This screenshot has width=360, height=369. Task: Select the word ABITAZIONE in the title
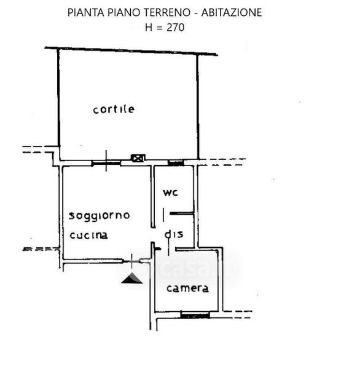232,12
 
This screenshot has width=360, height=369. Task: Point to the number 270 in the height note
176,28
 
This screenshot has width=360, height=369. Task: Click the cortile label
114,109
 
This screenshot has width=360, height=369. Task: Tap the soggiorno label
99,216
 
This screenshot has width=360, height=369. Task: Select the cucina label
89,236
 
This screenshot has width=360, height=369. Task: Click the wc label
170,192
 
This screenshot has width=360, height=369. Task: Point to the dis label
174,234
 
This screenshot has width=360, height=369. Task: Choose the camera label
187,288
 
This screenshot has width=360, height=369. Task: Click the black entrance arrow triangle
131,278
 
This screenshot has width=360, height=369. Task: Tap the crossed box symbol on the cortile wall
138,158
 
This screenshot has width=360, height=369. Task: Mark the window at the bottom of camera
195,315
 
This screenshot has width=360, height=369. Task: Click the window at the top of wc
176,163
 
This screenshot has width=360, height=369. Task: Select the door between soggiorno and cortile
106,162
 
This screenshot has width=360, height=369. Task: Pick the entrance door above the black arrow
131,261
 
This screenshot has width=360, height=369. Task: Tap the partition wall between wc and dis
181,213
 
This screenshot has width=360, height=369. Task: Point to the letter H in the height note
149,28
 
